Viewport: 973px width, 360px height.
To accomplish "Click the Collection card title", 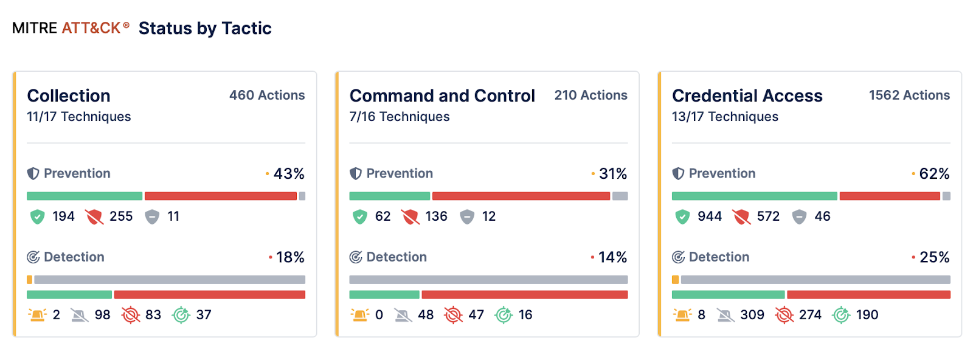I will tap(69, 95).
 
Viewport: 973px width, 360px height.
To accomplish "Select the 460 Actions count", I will tap(267, 95).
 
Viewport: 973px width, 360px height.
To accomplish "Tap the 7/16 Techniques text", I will tap(400, 116).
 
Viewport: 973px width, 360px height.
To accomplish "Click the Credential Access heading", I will tap(747, 95).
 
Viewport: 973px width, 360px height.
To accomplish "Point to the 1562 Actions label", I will tap(909, 95).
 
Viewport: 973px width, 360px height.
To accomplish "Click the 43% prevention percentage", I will tap(289, 173).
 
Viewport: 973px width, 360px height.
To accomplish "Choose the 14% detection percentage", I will tap(612, 257).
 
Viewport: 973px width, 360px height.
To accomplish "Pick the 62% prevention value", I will tap(934, 173).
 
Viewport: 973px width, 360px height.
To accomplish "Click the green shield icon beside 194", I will tap(38, 216).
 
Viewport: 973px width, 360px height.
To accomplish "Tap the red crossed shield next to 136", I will tap(410, 216).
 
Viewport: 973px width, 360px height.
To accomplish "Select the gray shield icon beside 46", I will tap(799, 216).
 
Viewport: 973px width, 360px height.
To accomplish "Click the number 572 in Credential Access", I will tap(768, 216).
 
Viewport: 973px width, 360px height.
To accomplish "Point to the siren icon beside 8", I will tap(682, 314).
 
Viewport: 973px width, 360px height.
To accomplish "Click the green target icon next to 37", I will tap(181, 314).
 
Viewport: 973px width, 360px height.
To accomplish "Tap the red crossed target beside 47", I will tap(453, 314).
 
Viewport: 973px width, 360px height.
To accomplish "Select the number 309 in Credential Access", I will tap(752, 314).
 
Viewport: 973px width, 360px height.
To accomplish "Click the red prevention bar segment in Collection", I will tap(220, 196).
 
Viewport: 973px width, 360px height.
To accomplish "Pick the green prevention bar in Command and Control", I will tap(389, 196).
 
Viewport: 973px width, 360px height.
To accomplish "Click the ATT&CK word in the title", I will tap(91, 28).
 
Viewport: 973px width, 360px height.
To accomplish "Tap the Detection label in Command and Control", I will tap(396, 257).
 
